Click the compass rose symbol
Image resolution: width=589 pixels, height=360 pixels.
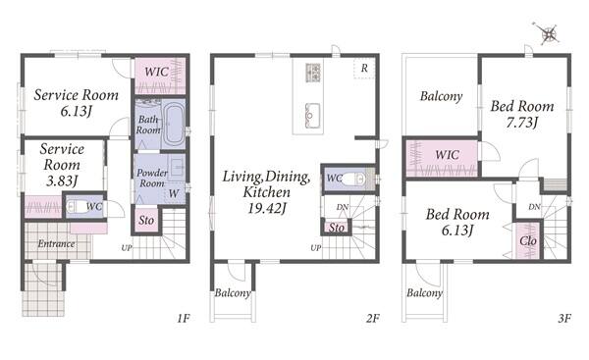(548, 33)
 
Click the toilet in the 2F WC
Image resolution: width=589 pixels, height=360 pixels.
(353, 180)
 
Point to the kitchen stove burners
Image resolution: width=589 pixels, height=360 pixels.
(314, 73)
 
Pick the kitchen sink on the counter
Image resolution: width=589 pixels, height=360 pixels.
(312, 116)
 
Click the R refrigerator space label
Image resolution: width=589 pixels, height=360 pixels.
(364, 69)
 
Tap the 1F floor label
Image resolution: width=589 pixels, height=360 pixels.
(184, 319)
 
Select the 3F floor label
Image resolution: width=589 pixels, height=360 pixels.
(564, 319)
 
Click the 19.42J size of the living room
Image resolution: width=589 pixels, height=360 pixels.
(267, 208)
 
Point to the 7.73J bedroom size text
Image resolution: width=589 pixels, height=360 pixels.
(522, 123)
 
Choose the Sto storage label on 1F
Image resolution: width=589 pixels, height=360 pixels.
(146, 220)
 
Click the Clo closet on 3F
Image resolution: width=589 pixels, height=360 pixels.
(528, 240)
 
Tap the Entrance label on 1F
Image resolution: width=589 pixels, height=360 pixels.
(56, 243)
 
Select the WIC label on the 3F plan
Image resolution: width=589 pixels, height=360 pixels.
(447, 155)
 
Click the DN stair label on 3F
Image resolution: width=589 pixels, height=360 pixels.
(535, 207)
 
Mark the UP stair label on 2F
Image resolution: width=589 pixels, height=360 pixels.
(316, 248)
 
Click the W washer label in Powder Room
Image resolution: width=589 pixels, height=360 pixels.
(173, 193)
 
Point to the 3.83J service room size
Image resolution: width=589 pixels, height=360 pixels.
(62, 180)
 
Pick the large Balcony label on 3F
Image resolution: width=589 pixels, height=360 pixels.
(442, 96)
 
